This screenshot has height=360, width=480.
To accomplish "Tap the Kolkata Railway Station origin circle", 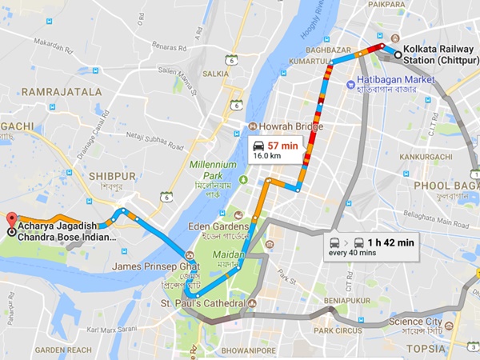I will point(398,54).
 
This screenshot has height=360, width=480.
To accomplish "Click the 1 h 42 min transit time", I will point(390,242).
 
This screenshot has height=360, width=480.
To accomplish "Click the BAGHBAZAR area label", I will point(329,50).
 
